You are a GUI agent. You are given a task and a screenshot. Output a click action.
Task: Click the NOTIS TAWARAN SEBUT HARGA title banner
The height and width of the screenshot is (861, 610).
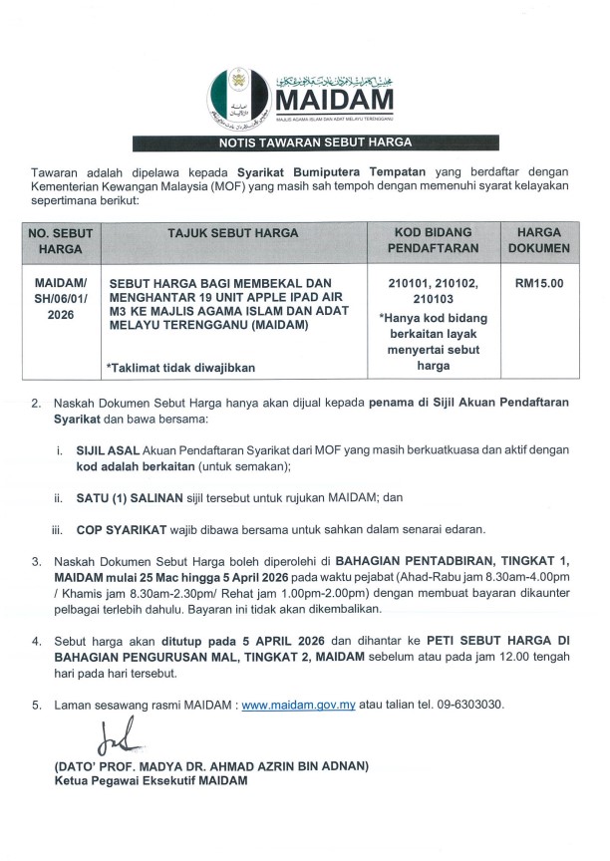click(x=304, y=143)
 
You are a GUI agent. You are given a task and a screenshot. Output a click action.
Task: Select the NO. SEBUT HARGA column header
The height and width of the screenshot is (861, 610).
click(x=60, y=240)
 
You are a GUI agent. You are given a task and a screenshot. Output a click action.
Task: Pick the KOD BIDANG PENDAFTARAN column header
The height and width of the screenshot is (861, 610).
click(x=432, y=240)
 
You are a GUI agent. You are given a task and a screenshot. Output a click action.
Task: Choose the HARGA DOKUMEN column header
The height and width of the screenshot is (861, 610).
click(x=539, y=240)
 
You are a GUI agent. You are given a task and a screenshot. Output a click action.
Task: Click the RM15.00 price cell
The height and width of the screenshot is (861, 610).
click(x=539, y=283)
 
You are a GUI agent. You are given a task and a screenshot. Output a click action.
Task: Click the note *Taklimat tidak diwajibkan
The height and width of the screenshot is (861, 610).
click(x=180, y=368)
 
